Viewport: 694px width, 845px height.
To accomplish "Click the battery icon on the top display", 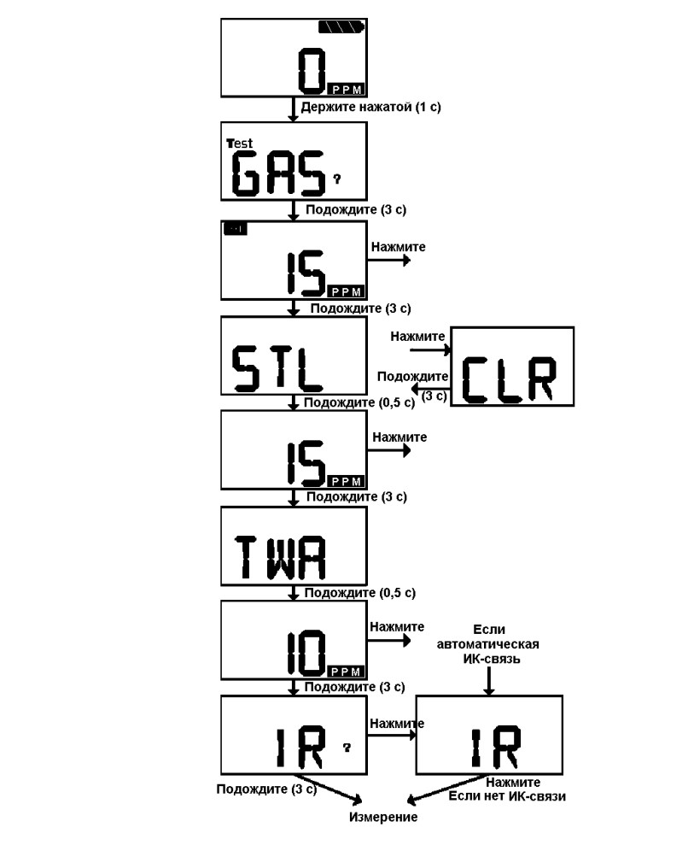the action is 341,26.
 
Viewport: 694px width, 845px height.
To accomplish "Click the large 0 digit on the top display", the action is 312,71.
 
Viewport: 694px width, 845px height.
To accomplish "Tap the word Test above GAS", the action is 240,144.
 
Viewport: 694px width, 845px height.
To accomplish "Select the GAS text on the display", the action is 278,173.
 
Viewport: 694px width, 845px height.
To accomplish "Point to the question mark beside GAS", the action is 337,179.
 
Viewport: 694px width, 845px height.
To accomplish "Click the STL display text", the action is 277,368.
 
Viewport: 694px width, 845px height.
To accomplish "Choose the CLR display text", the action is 509,379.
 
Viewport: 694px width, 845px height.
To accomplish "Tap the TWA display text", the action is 281,557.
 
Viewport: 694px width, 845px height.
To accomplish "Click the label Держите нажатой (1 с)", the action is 370,107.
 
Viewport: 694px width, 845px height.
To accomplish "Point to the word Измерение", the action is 383,817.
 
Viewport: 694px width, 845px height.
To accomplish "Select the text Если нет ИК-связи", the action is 507,796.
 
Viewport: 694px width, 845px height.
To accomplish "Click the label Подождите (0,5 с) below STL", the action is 359,402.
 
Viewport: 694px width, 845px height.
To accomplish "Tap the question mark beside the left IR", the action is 347,747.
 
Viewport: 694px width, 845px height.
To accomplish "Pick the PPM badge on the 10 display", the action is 347,672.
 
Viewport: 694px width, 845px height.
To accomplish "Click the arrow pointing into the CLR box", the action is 430,350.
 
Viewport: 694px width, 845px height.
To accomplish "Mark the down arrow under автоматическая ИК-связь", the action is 488,681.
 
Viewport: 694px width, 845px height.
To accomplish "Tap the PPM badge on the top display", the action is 347,90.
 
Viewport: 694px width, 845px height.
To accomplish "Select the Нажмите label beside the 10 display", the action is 397,627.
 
